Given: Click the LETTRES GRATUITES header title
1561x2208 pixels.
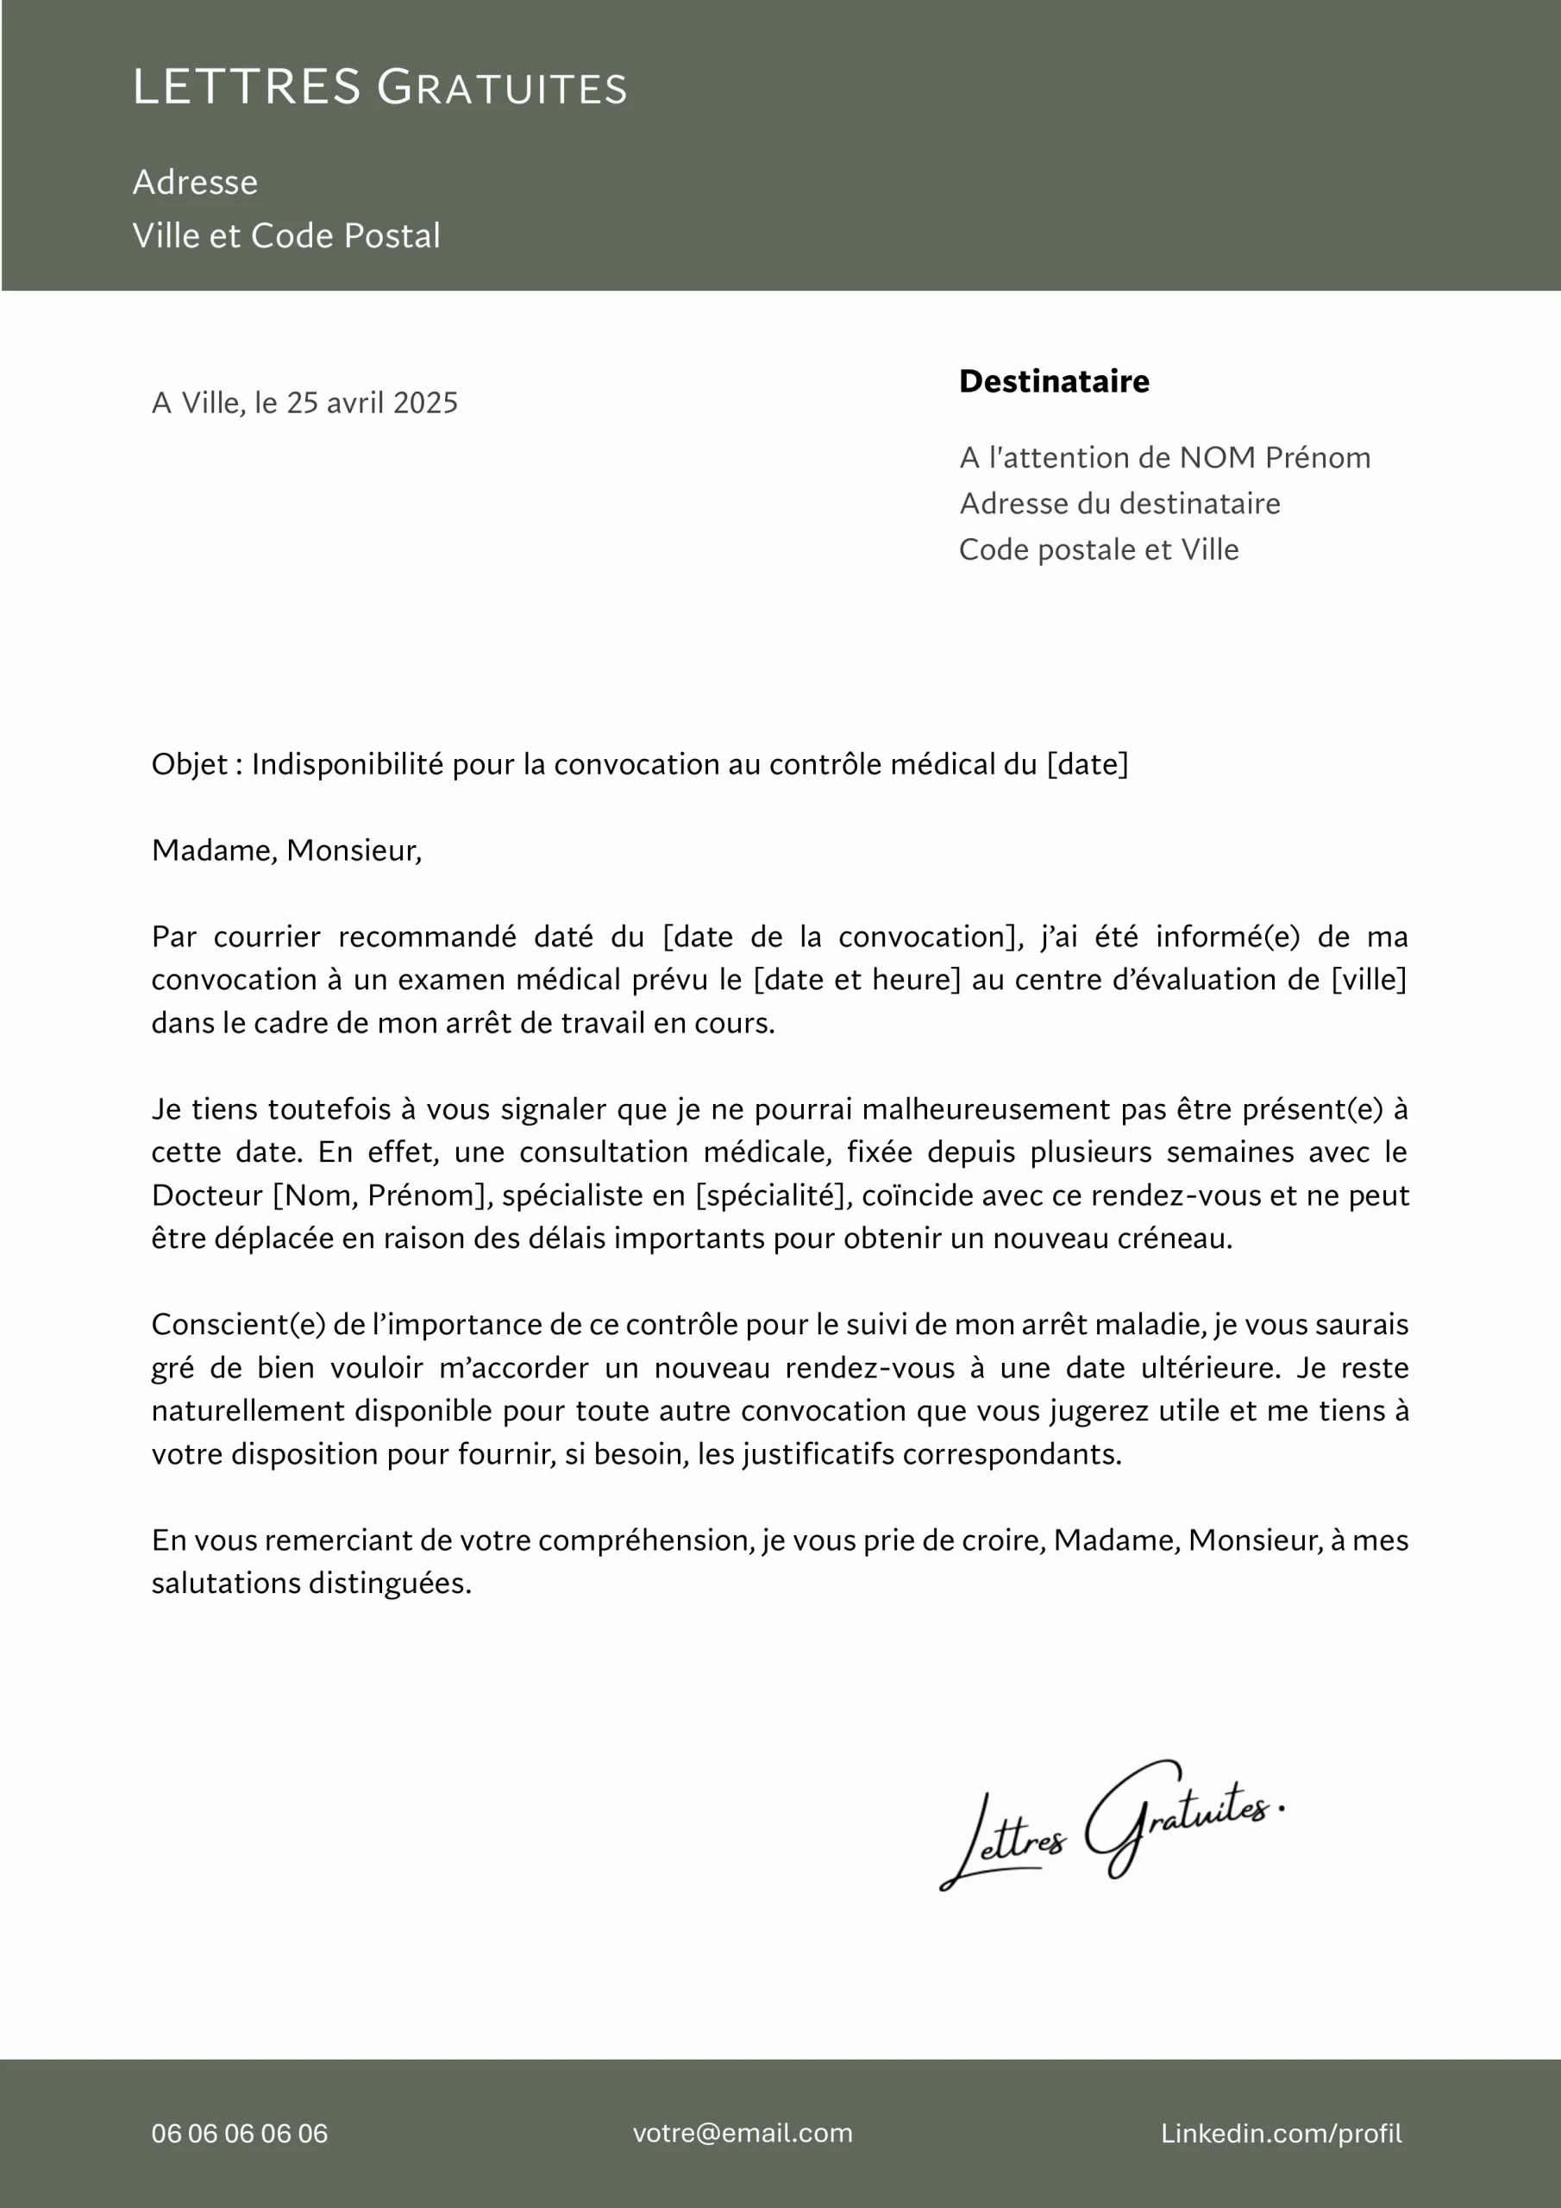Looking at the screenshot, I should (380, 87).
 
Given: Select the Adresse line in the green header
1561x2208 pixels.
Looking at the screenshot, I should (195, 183).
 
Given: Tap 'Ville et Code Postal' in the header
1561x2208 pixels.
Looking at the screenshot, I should (286, 235).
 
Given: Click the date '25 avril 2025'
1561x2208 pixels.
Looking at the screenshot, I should (373, 403).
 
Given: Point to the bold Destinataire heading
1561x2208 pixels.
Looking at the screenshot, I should (1054, 382).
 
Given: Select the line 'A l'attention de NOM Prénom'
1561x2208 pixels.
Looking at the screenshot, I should (1165, 458).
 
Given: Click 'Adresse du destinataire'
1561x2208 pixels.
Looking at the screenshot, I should (1119, 504).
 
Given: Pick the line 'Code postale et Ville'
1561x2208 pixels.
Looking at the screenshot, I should (1099, 550).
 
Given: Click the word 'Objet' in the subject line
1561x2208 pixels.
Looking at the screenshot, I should (190, 764).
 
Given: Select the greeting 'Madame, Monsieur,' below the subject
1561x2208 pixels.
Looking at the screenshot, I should (286, 850).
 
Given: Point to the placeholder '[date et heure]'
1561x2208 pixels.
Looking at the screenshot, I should (857, 980).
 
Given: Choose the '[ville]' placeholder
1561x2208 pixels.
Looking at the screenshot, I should (1369, 980).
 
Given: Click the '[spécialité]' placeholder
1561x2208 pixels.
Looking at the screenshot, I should (774, 1195).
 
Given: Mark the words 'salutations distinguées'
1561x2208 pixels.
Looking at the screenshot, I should (311, 1583).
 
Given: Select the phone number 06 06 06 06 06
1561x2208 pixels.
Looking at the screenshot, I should (240, 2133).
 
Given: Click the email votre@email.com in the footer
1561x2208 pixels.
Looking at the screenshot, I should (743, 2133).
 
